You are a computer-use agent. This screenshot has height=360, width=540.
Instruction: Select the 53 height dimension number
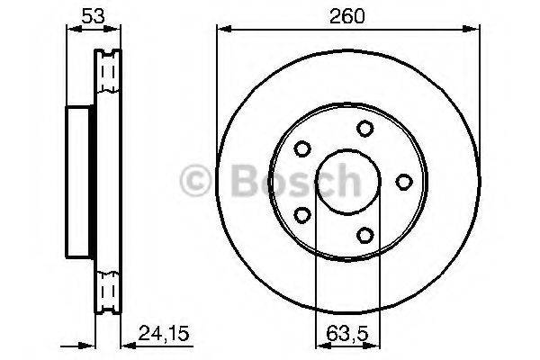(x=88, y=15)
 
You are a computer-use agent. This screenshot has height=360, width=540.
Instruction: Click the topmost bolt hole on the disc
(x=364, y=129)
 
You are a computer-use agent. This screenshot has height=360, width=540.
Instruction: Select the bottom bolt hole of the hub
(x=364, y=235)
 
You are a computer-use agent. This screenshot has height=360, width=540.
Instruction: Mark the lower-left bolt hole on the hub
(x=302, y=214)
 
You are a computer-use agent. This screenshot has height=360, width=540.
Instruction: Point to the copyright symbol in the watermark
(x=196, y=181)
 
